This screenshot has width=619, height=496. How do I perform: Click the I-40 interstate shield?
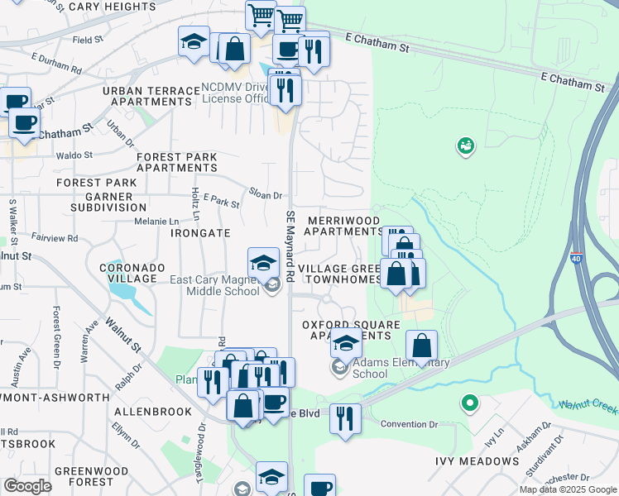(576, 258)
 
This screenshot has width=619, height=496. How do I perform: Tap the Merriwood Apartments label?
(343, 226)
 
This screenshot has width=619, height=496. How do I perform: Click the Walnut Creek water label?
(588, 406)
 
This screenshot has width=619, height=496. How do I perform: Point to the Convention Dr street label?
(409, 425)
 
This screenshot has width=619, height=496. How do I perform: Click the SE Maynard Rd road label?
(290, 248)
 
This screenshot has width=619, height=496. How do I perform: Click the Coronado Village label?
(127, 273)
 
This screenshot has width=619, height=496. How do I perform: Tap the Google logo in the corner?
(28, 485)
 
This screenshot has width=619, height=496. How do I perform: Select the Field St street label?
(88, 39)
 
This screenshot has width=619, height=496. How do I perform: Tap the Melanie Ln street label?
(157, 222)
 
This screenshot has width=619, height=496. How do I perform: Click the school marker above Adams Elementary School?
(346, 341)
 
